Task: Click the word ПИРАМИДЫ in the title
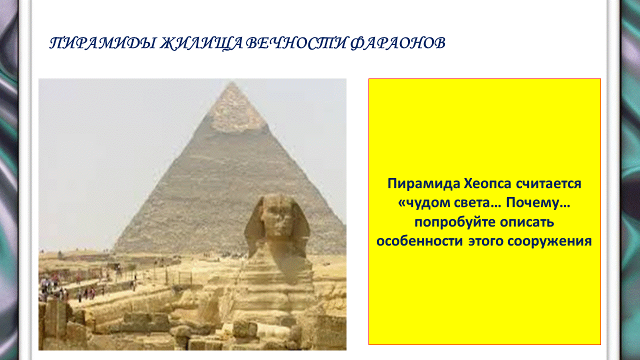(102, 43)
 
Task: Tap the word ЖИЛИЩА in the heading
(201, 43)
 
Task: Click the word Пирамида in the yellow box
(423, 183)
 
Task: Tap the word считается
(548, 183)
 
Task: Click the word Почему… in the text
(538, 203)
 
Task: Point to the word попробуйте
(454, 222)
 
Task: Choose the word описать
(527, 222)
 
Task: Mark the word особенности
(419, 241)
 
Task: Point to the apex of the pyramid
(232, 82)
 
